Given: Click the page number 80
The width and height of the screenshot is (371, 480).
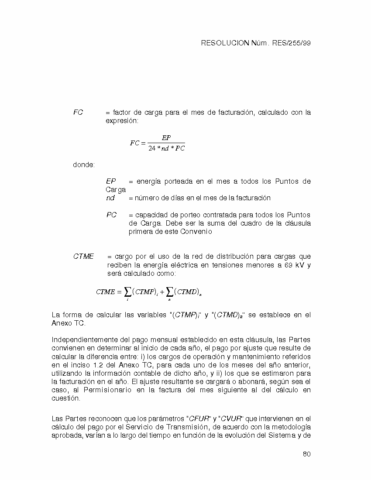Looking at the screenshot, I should pyautogui.click(x=306, y=454).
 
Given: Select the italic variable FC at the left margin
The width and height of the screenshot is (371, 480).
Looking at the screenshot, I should pyautogui.click(x=78, y=113).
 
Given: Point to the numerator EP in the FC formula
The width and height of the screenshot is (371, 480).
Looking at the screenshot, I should pyautogui.click(x=166, y=138).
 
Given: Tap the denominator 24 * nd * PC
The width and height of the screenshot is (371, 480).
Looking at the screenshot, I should pyautogui.click(x=166, y=148).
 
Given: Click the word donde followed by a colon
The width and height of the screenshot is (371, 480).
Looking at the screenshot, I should pyautogui.click(x=84, y=165).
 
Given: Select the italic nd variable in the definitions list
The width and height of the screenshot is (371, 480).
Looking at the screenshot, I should pyautogui.click(x=110, y=198).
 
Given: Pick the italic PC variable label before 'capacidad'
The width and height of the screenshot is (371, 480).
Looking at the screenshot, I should pyautogui.click(x=111, y=215).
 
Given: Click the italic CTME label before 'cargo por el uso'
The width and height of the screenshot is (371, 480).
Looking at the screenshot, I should pyautogui.click(x=83, y=257).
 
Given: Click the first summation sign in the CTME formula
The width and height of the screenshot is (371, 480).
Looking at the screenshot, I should pyautogui.click(x=127, y=292).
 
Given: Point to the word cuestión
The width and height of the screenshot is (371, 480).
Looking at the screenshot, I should pyautogui.click(x=66, y=398).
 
